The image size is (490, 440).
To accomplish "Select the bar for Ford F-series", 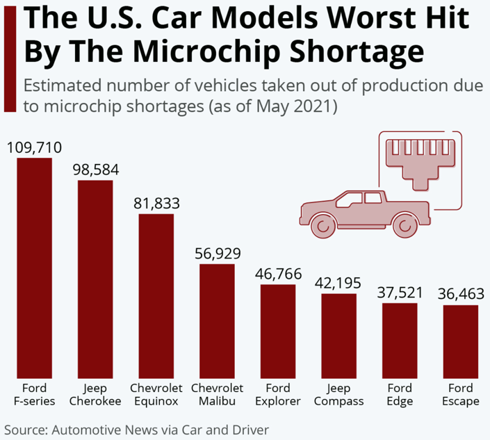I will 35,268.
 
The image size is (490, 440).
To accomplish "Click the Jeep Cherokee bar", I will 95,279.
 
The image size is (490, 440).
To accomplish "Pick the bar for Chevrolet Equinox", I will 156,295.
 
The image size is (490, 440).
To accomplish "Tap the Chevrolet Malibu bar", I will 217,320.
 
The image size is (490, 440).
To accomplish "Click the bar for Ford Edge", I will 400,340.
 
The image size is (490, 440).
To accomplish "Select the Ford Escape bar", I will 461,341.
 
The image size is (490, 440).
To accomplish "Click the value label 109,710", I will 34,147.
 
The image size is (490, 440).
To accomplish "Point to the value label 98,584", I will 95,170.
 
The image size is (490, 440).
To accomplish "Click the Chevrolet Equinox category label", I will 156,394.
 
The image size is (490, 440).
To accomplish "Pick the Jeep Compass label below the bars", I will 338,394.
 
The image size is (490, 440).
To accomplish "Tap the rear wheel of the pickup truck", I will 322,225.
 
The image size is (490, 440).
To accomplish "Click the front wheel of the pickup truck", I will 404,225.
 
